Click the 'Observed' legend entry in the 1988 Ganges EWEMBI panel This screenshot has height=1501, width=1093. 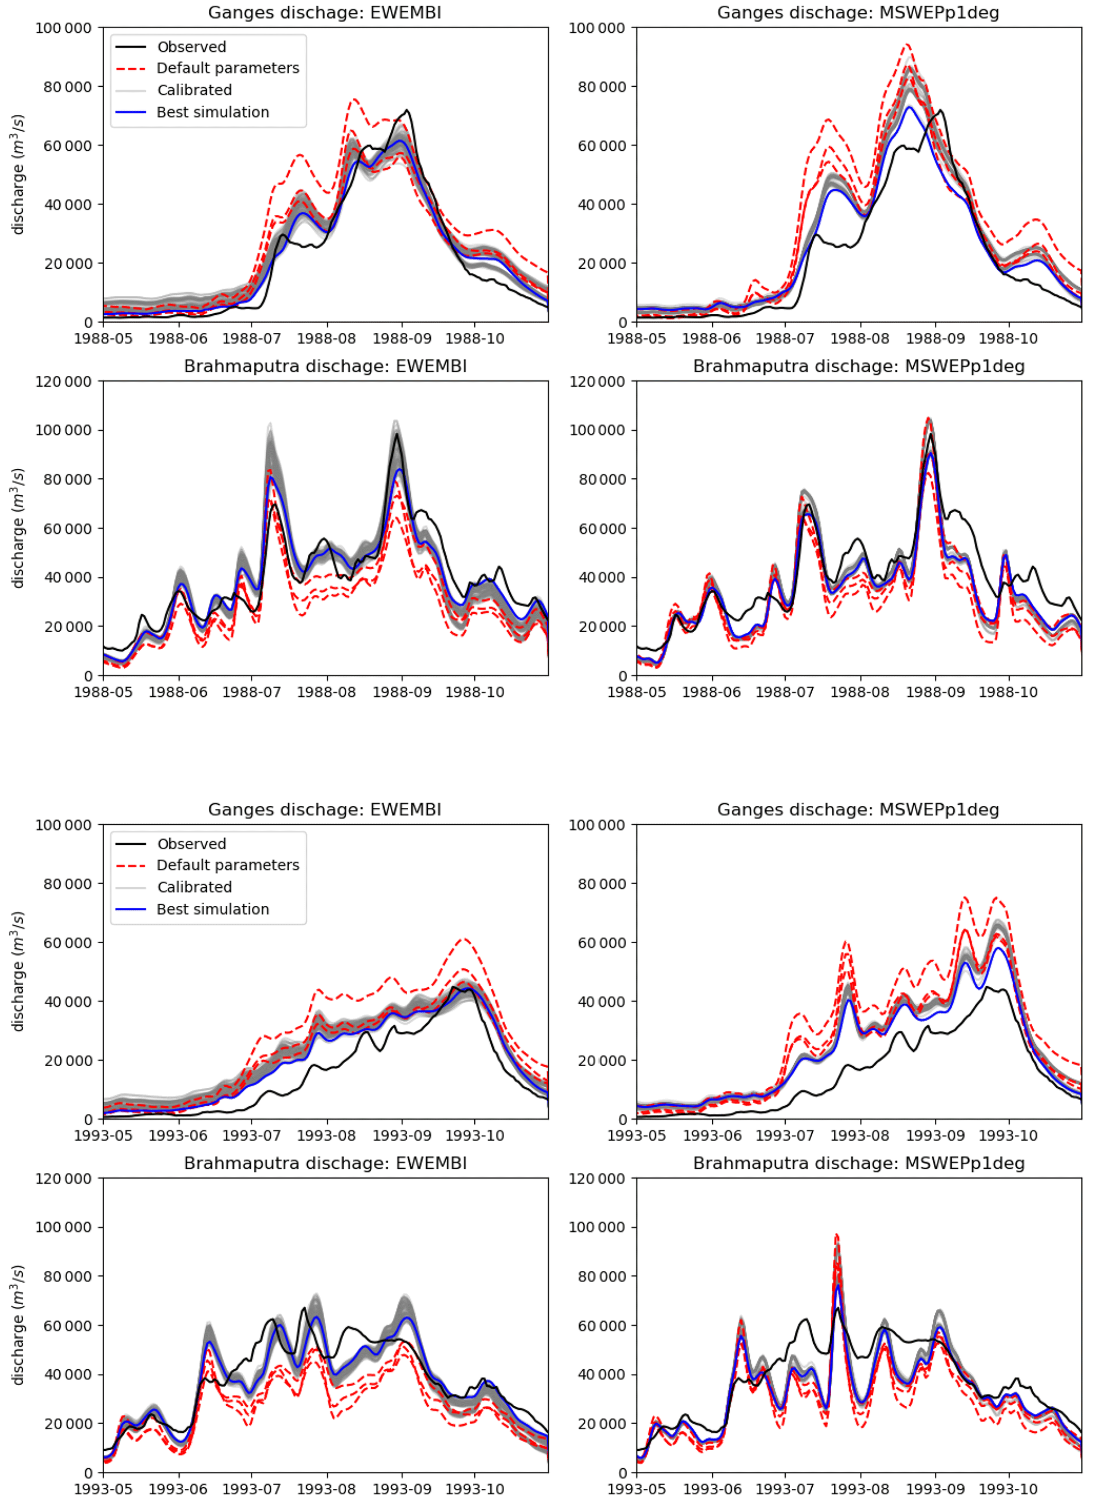coord(191,47)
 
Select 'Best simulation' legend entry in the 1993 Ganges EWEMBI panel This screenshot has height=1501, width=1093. coord(213,909)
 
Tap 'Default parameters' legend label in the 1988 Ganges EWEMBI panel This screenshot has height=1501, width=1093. coord(227,68)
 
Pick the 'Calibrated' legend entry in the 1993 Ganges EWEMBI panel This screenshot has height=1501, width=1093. coord(194,887)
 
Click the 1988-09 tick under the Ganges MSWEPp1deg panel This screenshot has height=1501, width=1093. coord(935,338)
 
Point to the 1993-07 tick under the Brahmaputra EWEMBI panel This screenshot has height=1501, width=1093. coord(251,1488)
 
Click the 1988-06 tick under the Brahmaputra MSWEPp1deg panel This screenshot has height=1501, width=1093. coord(711,692)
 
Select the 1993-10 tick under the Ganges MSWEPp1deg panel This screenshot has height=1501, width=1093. coord(1008,1136)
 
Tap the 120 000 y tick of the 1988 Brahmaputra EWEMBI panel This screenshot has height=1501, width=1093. coord(63,381)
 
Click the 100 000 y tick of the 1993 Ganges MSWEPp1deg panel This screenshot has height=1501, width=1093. coord(597,825)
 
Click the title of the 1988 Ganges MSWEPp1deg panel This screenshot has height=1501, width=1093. coord(858,13)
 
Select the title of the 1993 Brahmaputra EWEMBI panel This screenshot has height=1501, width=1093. coord(325,1163)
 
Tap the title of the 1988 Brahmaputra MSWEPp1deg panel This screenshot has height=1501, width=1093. coord(858,366)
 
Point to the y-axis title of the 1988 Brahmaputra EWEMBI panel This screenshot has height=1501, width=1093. coord(18,527)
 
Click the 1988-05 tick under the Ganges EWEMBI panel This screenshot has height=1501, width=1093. coord(103,338)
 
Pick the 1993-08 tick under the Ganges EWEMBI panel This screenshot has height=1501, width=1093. coord(326,1136)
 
